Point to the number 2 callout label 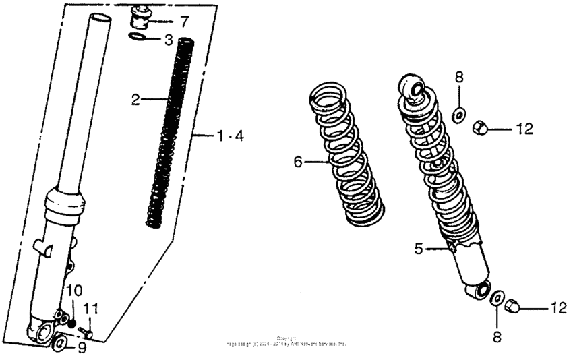pos(135,100)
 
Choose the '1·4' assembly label pos(230,136)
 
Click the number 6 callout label pos(298,161)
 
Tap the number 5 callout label pos(419,249)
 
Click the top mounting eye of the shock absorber pos(409,86)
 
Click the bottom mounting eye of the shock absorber pos(481,291)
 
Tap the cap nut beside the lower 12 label pos(512,307)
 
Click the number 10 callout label pos(74,291)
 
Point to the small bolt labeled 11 pos(84,330)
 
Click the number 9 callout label pos(82,349)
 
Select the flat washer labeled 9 pos(60,345)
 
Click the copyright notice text pos(286,341)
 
